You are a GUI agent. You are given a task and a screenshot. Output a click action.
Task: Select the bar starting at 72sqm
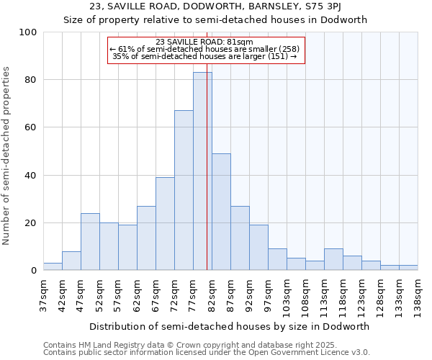[184, 190]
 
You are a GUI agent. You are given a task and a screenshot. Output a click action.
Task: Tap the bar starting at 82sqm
[221, 212]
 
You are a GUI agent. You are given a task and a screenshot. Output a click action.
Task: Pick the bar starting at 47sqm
[90, 241]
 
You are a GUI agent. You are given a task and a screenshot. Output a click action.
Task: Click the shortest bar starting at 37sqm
[53, 266]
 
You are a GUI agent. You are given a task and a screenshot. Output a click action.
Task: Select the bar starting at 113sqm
[333, 259]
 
